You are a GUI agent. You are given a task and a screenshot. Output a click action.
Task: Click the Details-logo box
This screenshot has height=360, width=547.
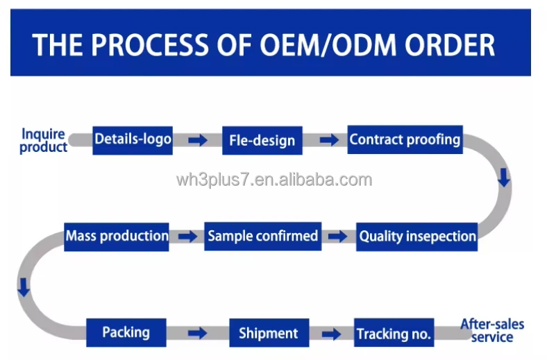tap(133, 139)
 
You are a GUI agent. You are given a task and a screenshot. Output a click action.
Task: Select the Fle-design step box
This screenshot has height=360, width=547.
tap(262, 140)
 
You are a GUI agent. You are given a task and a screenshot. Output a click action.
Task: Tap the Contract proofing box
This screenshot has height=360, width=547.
tap(405, 139)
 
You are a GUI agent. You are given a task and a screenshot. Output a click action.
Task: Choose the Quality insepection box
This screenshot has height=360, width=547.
tap(417, 236)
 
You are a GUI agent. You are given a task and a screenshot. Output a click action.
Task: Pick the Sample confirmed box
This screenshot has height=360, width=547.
tap(262, 236)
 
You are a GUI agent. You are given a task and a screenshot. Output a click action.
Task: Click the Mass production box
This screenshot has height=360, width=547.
tap(117, 236)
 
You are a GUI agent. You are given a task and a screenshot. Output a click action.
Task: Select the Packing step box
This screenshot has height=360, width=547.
tap(126, 332)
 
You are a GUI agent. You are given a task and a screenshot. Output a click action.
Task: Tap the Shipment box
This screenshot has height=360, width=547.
tap(269, 333)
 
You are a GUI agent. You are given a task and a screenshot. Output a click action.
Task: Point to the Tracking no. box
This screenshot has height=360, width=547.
tap(394, 334)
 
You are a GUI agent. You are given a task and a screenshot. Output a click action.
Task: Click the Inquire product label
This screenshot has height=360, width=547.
tap(44, 140)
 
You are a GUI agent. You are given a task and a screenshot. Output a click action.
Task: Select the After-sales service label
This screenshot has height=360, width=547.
tap(492, 331)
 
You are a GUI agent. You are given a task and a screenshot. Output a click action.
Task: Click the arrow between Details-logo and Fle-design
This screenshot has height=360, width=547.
tap(198, 140)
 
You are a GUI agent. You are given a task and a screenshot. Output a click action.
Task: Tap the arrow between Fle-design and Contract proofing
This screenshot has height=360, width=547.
tap(329, 140)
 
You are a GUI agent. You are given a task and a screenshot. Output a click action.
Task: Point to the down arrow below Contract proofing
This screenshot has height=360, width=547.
tap(504, 178)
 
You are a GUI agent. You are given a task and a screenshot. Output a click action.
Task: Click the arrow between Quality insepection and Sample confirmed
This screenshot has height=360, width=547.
tap(338, 237)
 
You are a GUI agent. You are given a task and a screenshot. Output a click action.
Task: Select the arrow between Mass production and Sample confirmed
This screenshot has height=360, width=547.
tap(187, 237)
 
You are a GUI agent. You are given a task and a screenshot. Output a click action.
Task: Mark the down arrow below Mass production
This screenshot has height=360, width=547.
tap(24, 287)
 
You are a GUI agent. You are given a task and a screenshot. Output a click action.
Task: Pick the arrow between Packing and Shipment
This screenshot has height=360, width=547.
tap(198, 334)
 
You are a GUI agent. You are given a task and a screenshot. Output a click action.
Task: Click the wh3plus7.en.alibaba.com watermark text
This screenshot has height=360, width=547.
tap(274, 180)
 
